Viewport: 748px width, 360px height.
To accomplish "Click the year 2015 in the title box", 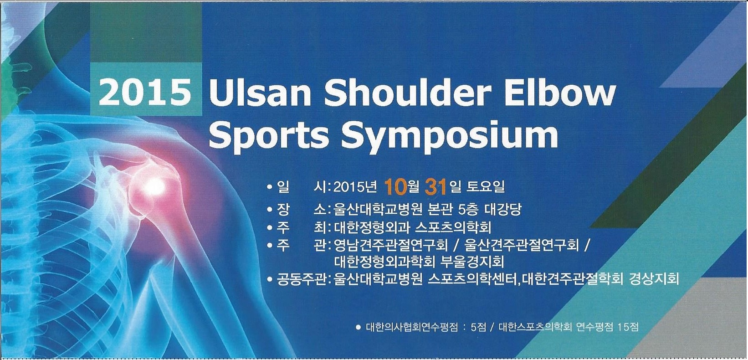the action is pos(146,91).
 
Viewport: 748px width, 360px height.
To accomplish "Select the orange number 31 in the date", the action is pos(436,187).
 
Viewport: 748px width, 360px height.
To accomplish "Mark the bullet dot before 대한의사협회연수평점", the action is pos(359,327).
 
